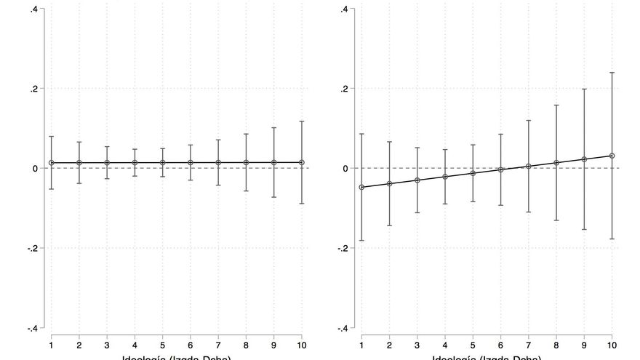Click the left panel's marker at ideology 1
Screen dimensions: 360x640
coord(51,163)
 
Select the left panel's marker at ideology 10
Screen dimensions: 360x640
coord(302,162)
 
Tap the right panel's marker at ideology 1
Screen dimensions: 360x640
coord(361,187)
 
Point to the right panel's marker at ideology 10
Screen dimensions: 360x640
coord(612,156)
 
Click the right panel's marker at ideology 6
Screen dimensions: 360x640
coord(500,169)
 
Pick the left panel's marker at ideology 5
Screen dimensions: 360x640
coord(162,163)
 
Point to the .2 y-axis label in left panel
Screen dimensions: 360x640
coord(33,89)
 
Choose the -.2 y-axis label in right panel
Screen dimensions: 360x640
coord(343,248)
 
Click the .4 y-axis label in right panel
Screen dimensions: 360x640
coord(345,9)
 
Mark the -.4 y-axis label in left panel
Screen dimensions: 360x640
coord(32,328)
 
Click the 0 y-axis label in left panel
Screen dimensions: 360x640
coord(36,168)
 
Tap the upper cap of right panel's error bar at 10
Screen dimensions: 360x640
coord(612,73)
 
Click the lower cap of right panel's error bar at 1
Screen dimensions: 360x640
coord(361,240)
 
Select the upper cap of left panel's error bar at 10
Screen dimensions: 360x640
coord(302,121)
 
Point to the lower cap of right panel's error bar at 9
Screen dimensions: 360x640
coord(584,229)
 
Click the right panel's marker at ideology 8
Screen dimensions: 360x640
coord(556,163)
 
